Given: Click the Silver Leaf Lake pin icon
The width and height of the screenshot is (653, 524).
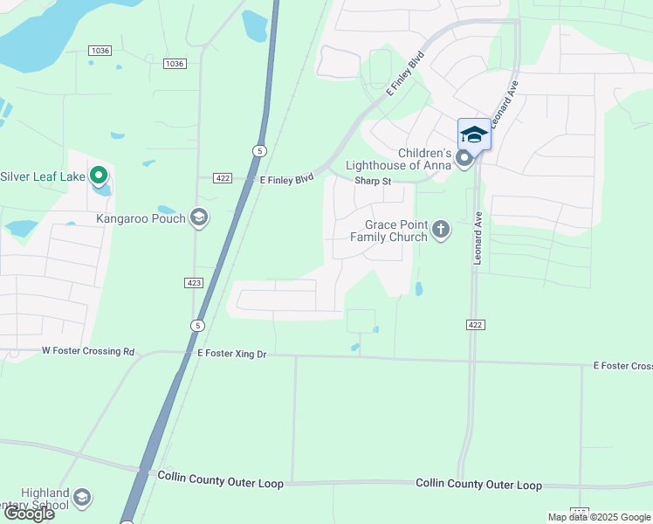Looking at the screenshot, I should coord(99,176).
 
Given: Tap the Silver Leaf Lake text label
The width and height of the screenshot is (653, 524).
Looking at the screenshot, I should coord(43,176).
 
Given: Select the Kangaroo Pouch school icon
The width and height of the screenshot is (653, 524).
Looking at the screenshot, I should coord(199,217).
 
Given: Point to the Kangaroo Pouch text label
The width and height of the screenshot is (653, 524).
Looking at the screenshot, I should coord(141,218).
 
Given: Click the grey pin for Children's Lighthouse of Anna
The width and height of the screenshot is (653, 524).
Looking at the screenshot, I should coord(464,158).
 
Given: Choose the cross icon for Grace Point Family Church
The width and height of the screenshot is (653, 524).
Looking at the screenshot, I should coord(442,230).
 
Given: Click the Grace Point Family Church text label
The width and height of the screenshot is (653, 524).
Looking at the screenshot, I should coord(389,231).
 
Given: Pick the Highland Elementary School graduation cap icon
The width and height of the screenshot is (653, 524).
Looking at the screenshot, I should coord(81,498).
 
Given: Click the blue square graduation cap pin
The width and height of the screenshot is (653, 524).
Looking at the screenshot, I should coord(474,134).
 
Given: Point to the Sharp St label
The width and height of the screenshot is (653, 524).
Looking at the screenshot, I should coord(372,182).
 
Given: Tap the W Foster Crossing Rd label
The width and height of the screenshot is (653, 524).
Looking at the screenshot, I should coord(88,351).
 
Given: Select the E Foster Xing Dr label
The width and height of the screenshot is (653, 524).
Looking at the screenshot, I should coord(232,353).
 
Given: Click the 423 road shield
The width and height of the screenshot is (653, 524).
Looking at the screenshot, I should coord(194,282).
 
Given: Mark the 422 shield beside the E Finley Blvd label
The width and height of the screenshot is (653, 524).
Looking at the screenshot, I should coord(222,178).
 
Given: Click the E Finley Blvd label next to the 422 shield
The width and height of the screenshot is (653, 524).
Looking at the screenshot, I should coord(286,179).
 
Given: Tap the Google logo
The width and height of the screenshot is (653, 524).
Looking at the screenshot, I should coord(28,514).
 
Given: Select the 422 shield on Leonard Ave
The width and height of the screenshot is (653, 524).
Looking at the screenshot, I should coord(474,325).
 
